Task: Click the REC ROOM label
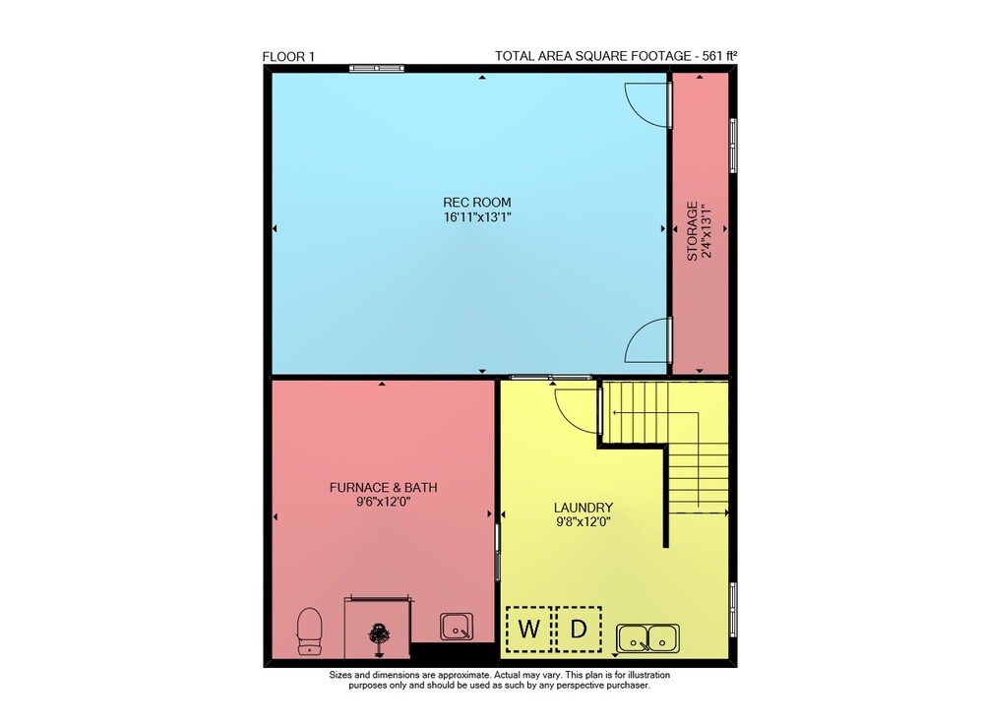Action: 477,202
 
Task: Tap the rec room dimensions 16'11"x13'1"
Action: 477,217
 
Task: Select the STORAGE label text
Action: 692,231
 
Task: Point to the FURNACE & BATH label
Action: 384,487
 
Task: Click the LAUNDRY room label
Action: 583,508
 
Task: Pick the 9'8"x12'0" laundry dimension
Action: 583,521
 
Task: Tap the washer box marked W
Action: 528,629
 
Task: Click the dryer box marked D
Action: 579,629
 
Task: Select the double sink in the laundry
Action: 647,638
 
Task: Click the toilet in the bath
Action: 309,632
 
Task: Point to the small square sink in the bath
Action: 457,627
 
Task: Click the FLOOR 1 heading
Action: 288,56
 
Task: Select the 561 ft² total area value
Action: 720,56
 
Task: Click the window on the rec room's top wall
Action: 377,69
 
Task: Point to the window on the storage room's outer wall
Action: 732,145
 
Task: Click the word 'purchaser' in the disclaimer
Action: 628,686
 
